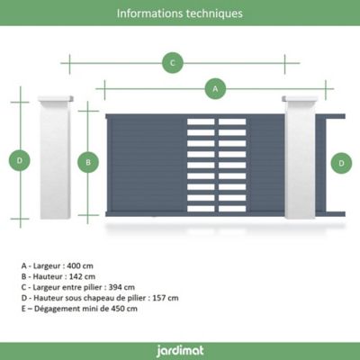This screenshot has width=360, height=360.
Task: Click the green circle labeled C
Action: (173, 63)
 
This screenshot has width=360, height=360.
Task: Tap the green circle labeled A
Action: (215, 89)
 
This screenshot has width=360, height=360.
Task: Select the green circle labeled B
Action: (88, 162)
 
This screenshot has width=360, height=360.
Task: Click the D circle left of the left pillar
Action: (20, 160)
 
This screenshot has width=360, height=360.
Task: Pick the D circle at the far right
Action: (341, 163)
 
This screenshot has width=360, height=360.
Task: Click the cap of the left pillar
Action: (56, 99)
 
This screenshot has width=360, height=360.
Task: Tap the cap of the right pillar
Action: (300, 99)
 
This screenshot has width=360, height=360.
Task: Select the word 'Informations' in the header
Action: (149, 13)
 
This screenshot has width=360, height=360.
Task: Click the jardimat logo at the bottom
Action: (180, 351)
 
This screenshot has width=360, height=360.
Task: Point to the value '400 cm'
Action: (80, 265)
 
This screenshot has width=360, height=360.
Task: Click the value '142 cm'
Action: (82, 276)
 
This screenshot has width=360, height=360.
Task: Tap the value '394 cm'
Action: (121, 287)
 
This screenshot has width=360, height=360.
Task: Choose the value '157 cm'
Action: (166, 298)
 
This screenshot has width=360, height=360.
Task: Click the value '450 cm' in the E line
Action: (124, 309)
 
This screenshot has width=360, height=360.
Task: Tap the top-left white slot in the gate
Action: (201, 121)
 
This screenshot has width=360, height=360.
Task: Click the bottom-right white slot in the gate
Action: (232, 209)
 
